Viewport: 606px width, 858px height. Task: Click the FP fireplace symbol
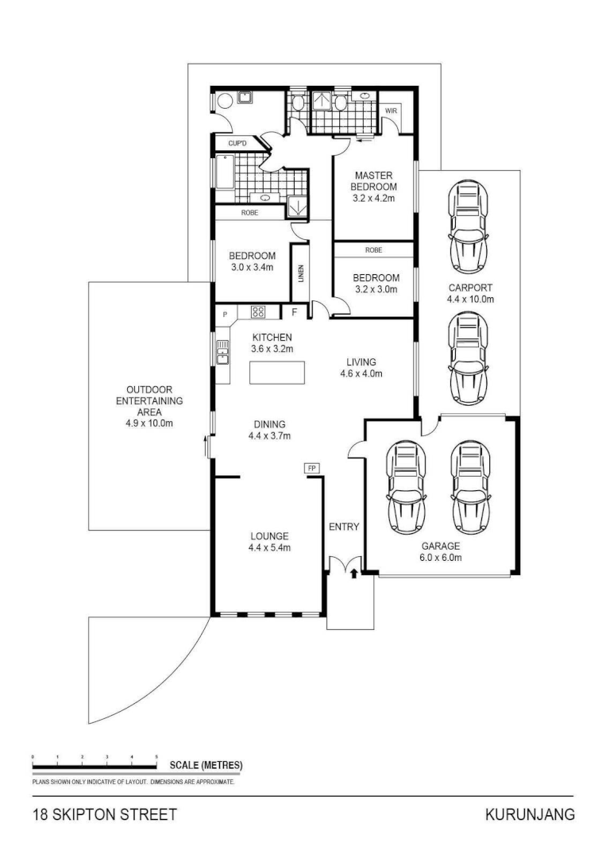click(x=312, y=469)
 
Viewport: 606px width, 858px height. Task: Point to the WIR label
click(x=391, y=110)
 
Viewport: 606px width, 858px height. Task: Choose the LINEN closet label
click(x=301, y=272)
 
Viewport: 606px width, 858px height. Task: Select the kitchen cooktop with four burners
click(x=258, y=312)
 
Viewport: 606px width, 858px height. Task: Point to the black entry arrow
click(x=354, y=572)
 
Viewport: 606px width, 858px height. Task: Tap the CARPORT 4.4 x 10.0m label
click(x=470, y=294)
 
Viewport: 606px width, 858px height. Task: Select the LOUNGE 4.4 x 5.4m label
click(x=269, y=541)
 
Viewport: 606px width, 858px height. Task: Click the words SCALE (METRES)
click(x=206, y=766)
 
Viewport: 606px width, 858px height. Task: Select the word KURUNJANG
click(x=529, y=815)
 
